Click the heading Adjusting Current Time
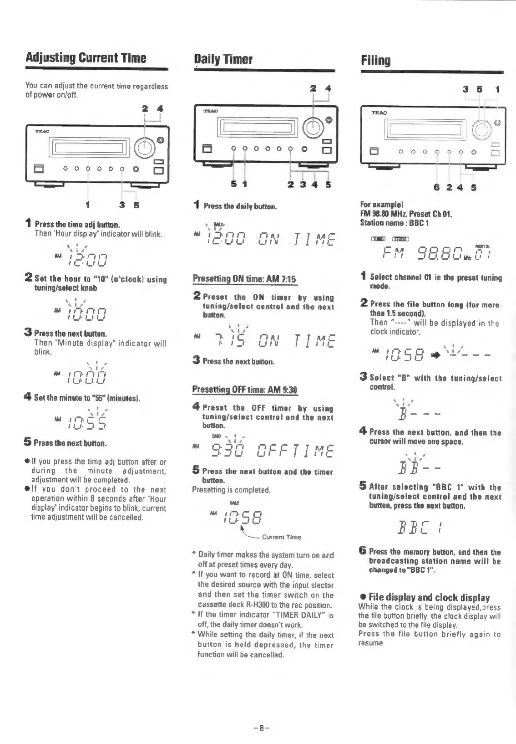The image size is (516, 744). (86, 58)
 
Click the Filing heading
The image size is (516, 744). (375, 60)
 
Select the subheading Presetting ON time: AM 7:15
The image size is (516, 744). (245, 279)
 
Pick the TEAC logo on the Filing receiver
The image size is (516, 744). (379, 113)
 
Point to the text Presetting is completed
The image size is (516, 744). (231, 490)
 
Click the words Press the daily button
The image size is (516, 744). (240, 206)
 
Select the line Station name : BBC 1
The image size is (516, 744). (389, 223)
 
